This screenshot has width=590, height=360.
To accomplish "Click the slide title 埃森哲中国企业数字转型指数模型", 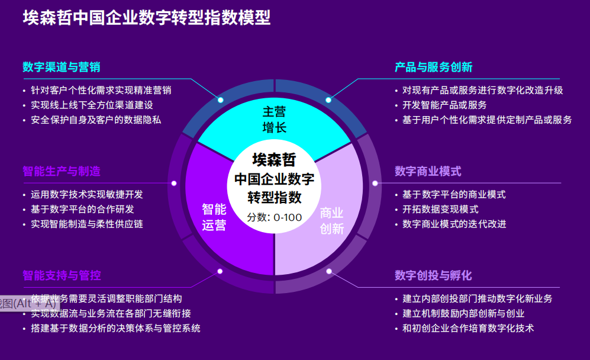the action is point(147,18).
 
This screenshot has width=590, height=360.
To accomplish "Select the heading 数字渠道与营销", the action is point(62,67).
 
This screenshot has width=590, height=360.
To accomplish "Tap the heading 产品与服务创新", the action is point(433,67).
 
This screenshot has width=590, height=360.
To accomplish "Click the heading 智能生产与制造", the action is point(62,171).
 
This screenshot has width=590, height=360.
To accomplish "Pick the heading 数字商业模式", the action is point(428,171).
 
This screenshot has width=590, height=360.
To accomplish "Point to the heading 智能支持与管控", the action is point(62,275).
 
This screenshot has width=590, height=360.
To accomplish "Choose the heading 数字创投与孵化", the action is point(433,275).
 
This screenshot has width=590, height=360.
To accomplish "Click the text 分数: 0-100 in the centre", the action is point(275,217).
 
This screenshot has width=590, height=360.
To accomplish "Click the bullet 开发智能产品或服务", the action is point(444,105).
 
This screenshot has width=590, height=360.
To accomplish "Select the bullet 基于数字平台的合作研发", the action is point(82,209).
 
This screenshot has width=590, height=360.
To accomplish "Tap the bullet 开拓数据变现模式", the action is point(440,209).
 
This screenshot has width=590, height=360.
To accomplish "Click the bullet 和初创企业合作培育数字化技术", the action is point(468,328).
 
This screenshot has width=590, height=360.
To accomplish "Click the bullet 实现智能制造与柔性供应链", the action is point(87,224).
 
